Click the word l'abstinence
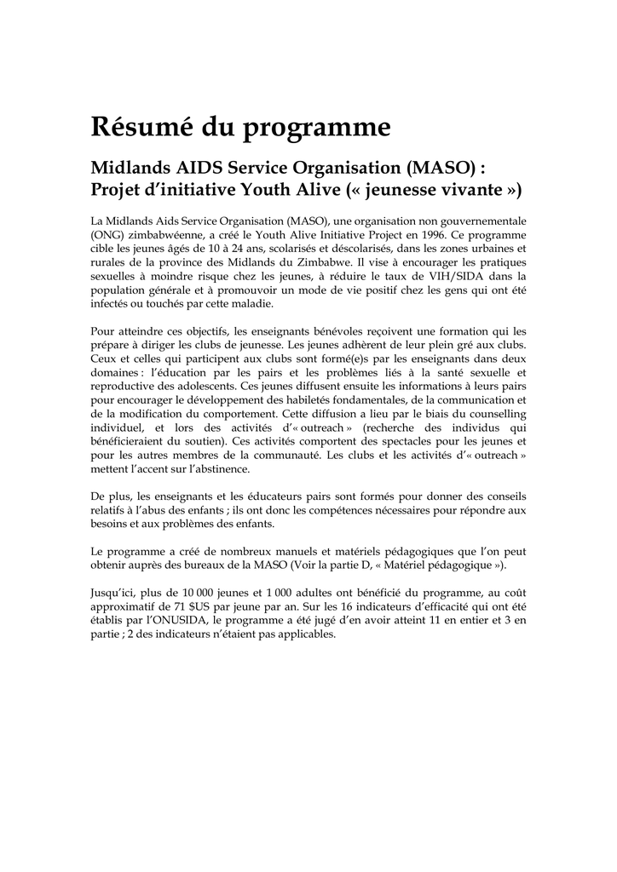pos(212,468)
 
